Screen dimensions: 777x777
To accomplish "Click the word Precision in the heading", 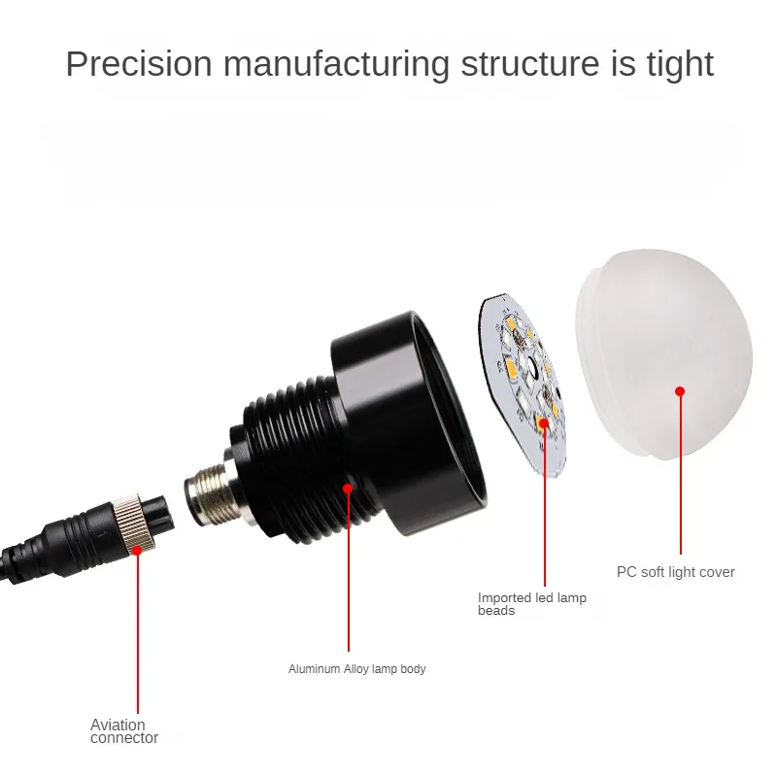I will pos(139,64).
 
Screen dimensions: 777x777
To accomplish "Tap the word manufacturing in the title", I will pos(336,64).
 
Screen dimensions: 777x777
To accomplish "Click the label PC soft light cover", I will pos(675,572).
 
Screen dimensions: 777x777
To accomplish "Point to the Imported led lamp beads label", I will pos(532,604).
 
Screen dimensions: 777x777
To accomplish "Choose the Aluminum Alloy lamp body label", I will pos(356,669).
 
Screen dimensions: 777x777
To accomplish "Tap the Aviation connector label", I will pos(124,731).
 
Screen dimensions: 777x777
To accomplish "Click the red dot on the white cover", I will pos(680,390).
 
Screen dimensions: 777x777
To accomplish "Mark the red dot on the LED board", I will pos(544,422).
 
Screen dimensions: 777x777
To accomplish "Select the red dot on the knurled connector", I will pos(138,550).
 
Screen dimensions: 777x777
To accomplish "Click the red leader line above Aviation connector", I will pos(138,631).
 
